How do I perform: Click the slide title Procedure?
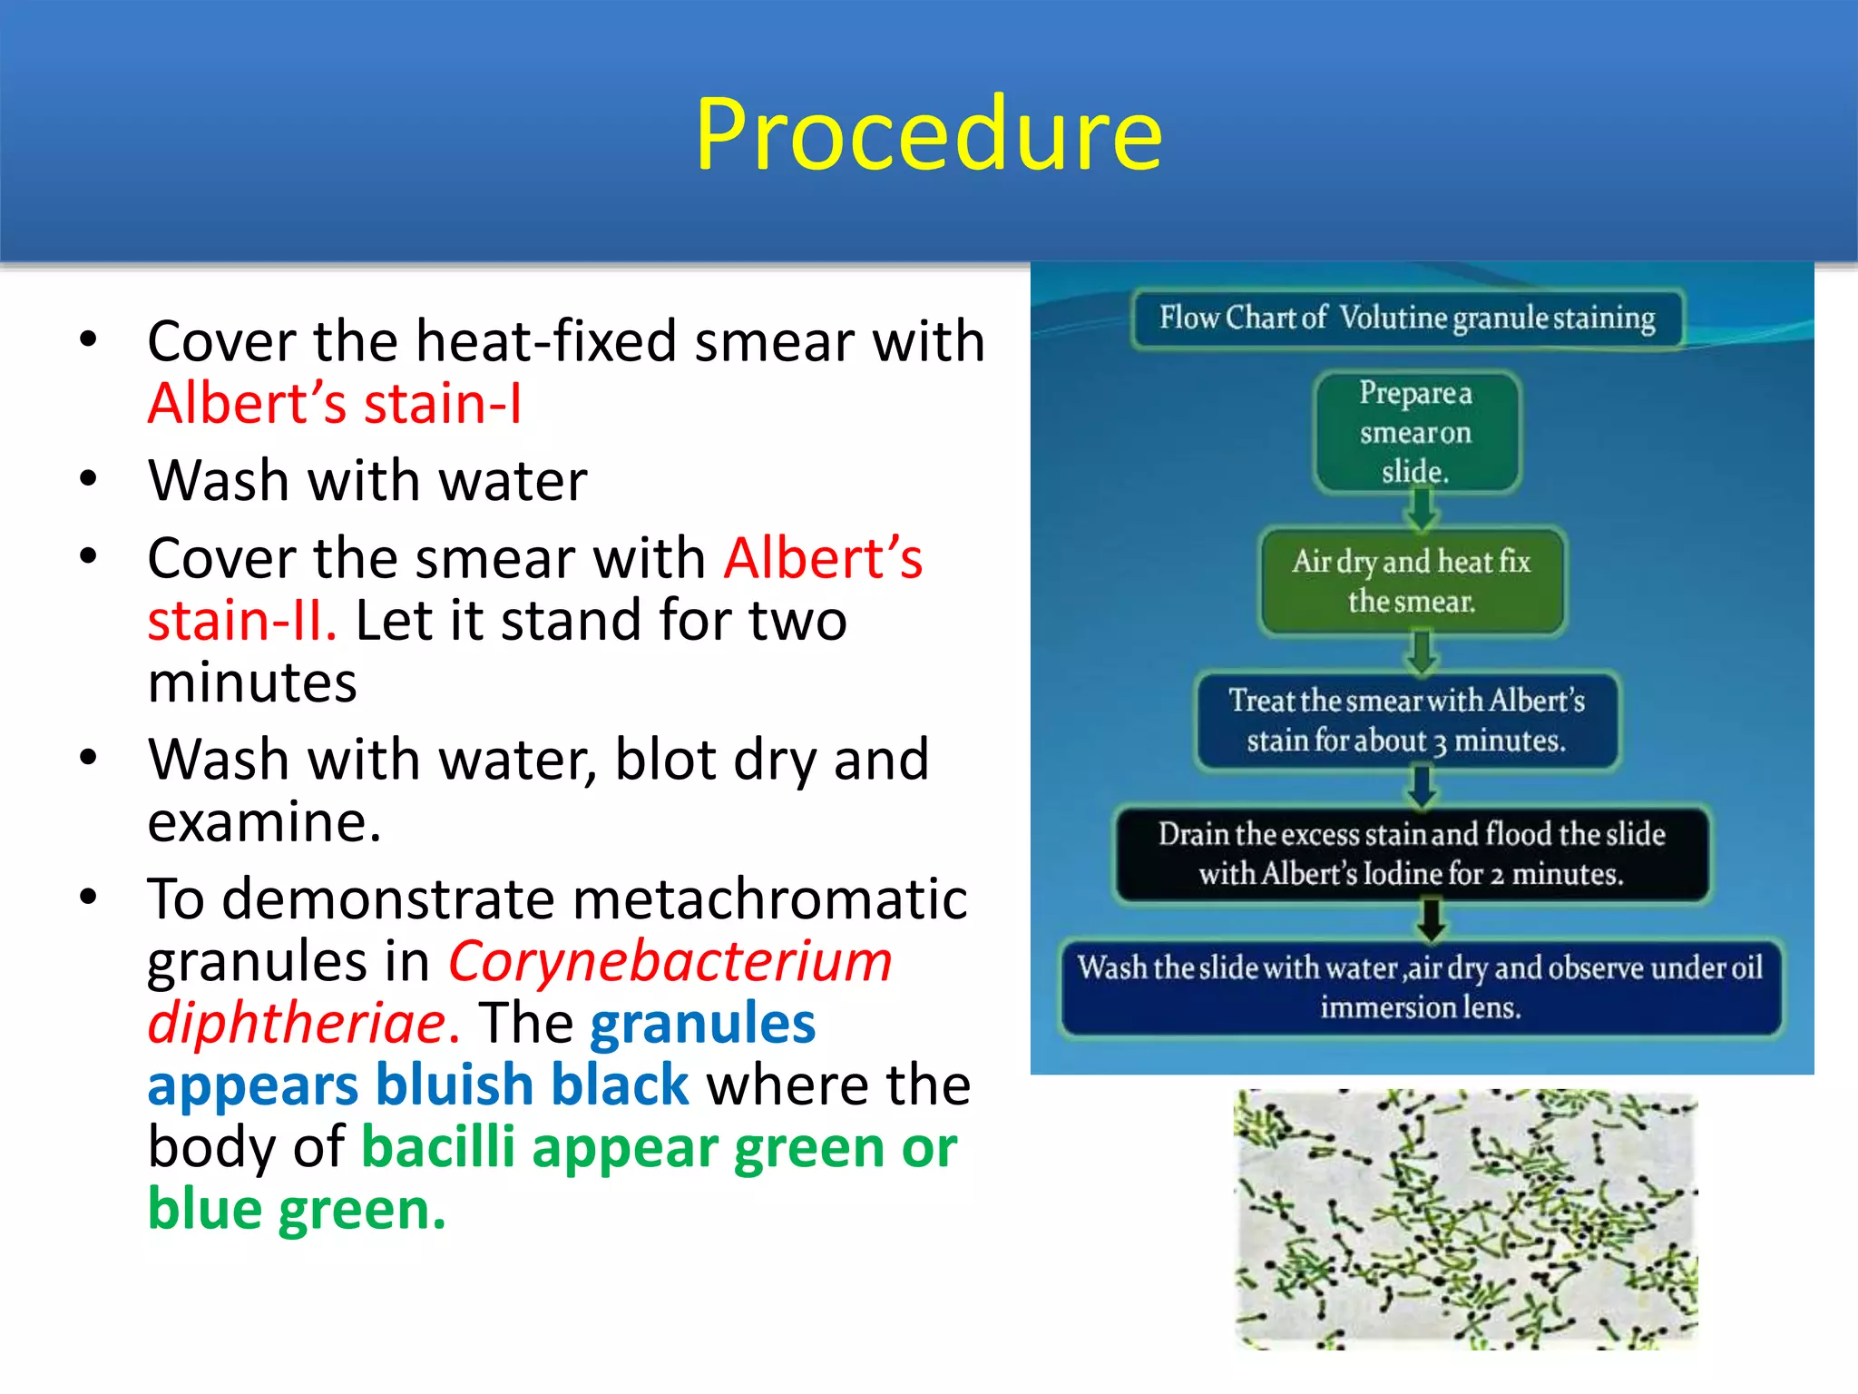coord(928,134)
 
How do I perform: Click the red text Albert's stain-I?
coord(335,403)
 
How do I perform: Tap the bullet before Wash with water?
coord(88,478)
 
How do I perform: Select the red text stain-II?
coord(241,621)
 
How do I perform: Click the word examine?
coord(263,822)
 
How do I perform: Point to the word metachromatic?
coord(770,899)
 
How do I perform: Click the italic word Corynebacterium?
coord(670,961)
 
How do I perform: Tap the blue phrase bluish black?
coord(533,1085)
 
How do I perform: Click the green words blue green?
coord(297,1210)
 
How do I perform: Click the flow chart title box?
coord(1407,319)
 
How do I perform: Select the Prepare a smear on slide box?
coord(1416,432)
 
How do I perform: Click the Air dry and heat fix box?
coord(1412,581)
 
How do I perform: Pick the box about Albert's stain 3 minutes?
coord(1406,721)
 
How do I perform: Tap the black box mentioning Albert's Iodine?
coord(1412,854)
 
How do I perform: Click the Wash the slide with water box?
coord(1420,987)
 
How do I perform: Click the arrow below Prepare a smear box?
coord(1421,510)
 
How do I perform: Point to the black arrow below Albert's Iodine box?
coord(1431,918)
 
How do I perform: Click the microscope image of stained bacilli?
coord(1464,1219)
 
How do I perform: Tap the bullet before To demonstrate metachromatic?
coord(88,898)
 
